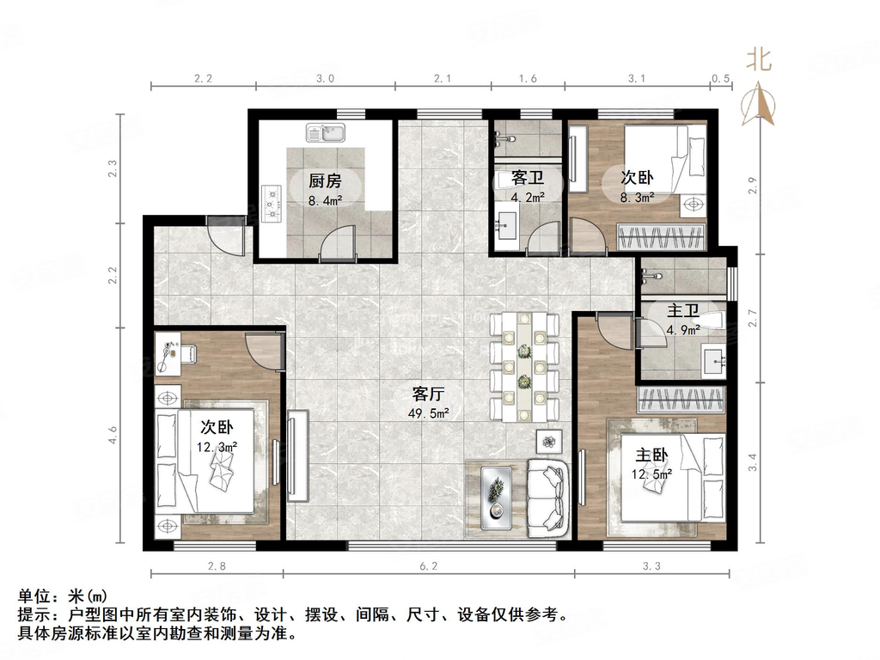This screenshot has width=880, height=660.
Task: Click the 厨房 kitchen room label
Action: pos(326,180)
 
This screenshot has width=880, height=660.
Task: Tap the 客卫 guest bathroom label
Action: pos(525,179)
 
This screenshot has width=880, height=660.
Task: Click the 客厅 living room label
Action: pos(427,394)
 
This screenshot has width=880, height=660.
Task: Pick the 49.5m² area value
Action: pos(427,413)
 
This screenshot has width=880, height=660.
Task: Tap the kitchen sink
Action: pos(326,133)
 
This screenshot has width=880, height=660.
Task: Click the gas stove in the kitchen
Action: pos(274,205)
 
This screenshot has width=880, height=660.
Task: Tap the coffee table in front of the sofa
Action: pos(495,498)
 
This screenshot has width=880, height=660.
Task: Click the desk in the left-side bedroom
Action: pos(177,353)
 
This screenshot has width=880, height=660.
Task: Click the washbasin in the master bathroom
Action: pos(712,360)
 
